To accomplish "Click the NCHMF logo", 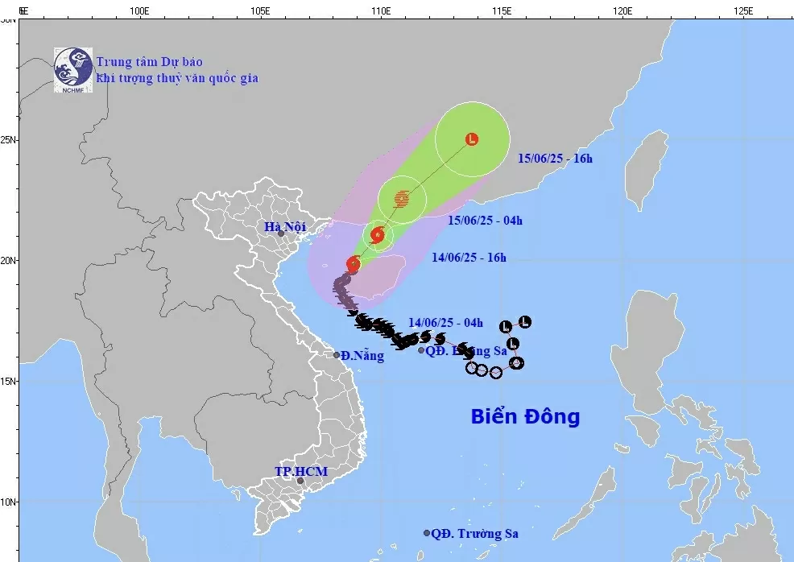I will coord(73,69).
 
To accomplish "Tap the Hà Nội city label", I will coord(285,227).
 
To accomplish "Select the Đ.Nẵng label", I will coord(362,356).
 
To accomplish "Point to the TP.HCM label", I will coord(301,470).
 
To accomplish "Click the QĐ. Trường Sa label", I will coord(474,533).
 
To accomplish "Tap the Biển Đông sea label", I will coord(525,416).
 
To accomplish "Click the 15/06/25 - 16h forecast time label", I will coord(555,159).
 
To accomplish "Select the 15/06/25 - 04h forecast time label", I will coord(485,220).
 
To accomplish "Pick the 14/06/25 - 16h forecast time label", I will coord(468,258).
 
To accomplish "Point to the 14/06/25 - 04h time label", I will coord(445,323).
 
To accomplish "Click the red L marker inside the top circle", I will coord(472,139).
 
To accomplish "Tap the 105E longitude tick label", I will coord(259,11).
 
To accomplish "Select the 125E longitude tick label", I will coord(742,11).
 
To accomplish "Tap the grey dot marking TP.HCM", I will coord(300,481).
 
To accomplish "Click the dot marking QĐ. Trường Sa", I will coord(427,533).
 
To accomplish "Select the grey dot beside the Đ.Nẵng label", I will coord(337,355).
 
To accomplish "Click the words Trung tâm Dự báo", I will coord(149,62).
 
